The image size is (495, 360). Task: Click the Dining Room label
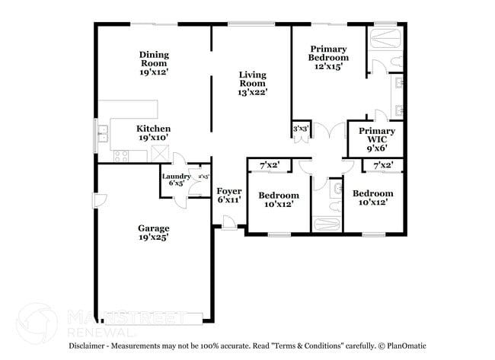point(153,63)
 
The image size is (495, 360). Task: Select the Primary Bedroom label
point(328,57)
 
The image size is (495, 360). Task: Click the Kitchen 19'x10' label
point(153,133)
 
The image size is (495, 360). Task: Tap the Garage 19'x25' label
point(153,232)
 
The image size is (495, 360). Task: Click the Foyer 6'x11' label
point(228,195)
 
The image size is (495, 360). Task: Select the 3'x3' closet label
point(301,129)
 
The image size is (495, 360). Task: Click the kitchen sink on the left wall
point(102,137)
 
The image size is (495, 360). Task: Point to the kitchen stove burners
point(120,155)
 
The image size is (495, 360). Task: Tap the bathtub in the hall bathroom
point(327,225)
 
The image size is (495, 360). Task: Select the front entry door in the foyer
point(226,221)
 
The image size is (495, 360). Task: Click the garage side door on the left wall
point(97,201)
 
